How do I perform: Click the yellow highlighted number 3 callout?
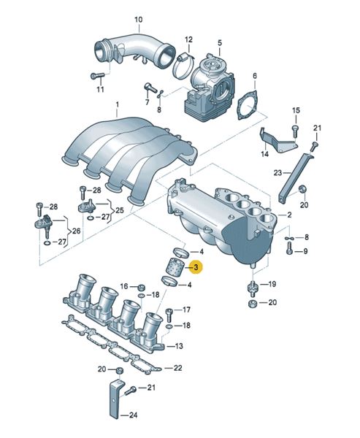click(196, 267)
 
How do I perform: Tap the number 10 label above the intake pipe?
click(138, 20)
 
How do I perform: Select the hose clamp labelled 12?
click(183, 66)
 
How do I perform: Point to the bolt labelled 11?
click(97, 75)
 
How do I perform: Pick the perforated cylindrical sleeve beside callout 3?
click(175, 267)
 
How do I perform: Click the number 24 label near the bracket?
click(133, 415)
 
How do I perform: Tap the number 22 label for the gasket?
click(177, 368)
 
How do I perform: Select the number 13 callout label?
click(179, 346)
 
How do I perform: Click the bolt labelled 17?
click(169, 315)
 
